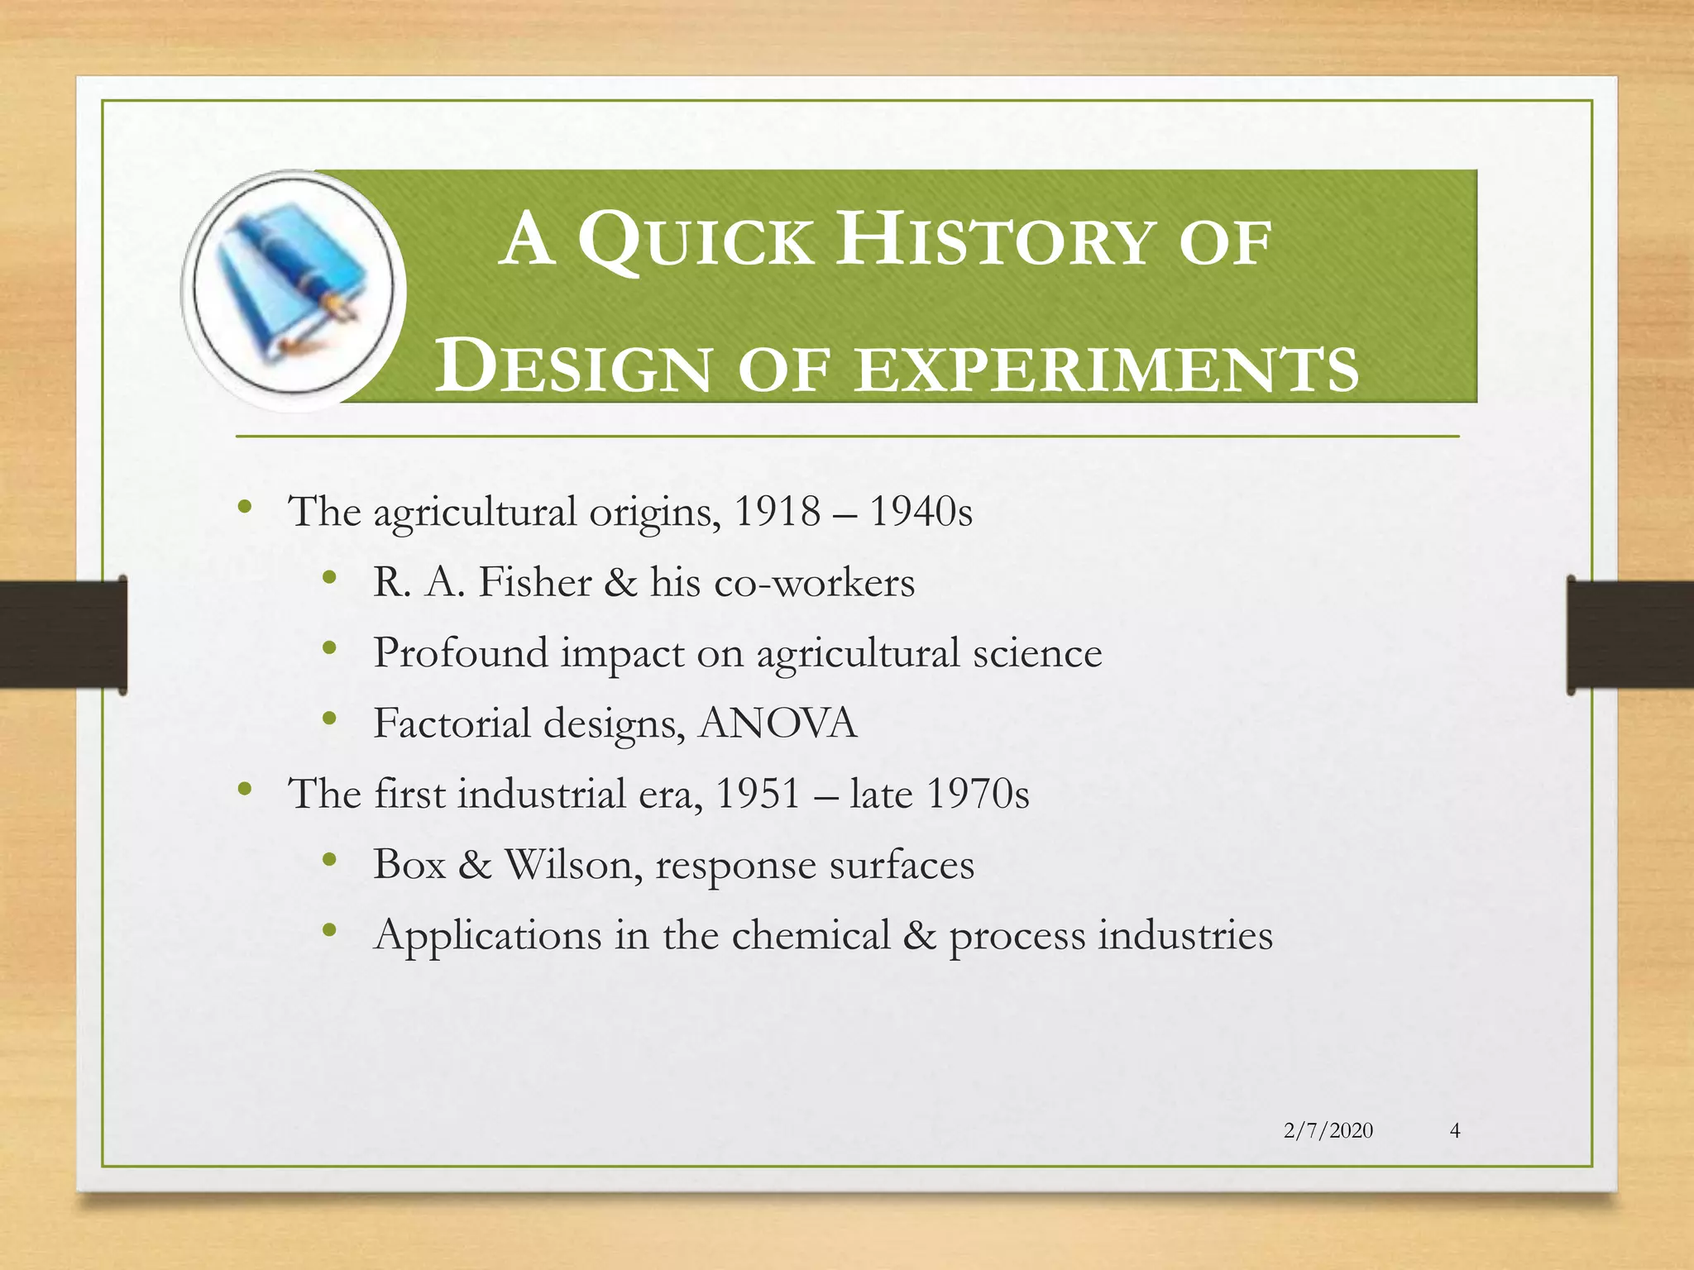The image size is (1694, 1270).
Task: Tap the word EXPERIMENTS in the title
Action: click(x=1107, y=368)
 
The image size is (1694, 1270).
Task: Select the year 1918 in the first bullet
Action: click(x=777, y=511)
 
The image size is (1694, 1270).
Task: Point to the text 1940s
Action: click(x=921, y=511)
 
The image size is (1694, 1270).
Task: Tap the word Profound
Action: click(x=460, y=652)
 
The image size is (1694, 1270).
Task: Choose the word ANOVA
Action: click(x=778, y=723)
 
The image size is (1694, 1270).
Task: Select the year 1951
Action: click(x=758, y=794)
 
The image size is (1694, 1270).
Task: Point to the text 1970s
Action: click(x=978, y=794)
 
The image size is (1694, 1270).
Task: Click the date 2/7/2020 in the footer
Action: click(x=1328, y=1130)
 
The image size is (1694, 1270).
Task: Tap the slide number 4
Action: click(x=1455, y=1130)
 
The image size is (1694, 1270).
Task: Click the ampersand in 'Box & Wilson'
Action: click(x=475, y=865)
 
